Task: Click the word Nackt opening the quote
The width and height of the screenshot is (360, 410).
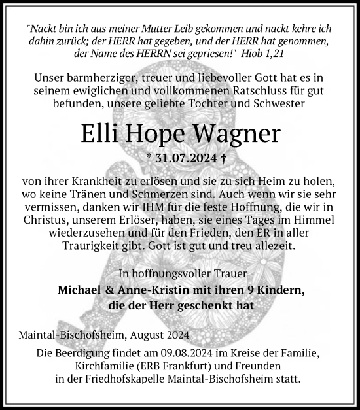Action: (x=44, y=29)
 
